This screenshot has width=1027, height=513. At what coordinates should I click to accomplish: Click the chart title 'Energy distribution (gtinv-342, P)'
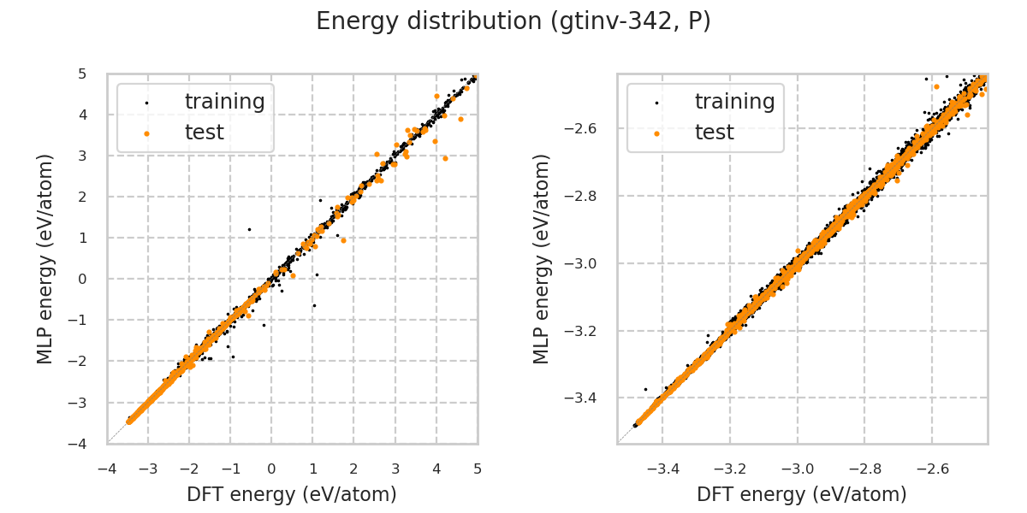[513, 21]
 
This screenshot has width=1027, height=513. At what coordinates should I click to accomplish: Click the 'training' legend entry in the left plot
[224, 102]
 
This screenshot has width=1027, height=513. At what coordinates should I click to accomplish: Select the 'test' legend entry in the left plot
[204, 133]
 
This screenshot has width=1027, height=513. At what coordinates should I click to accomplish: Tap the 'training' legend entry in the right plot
[734, 102]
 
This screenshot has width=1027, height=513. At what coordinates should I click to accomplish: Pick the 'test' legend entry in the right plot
[714, 133]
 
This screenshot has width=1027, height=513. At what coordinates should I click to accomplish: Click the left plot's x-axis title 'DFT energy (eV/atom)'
[292, 494]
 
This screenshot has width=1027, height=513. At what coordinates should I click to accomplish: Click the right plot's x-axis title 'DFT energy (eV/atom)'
[802, 494]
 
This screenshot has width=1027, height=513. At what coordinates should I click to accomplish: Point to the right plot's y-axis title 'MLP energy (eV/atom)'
[542, 258]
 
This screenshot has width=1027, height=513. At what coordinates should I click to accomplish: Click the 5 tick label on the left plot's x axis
[478, 469]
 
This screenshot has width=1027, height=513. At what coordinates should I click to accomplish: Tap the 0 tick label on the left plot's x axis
[271, 469]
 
